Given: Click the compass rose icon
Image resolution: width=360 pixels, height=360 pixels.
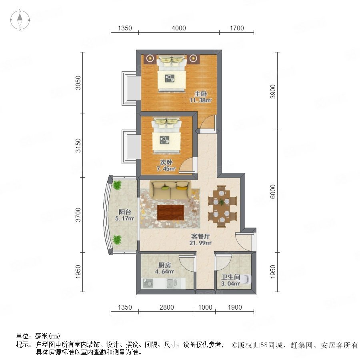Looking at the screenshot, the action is click(20, 20).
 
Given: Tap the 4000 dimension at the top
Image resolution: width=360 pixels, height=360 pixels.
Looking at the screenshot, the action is click(179, 28).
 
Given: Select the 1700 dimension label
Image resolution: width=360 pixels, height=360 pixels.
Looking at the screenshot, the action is click(237, 28).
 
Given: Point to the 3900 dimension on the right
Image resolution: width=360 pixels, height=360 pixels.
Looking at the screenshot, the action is click(273, 92).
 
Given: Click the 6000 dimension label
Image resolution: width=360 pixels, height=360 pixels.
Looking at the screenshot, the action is click(273, 192).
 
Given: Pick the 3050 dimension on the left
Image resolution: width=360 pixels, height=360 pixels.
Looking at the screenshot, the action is click(78, 83).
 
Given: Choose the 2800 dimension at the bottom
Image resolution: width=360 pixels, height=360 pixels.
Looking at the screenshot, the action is click(167, 307).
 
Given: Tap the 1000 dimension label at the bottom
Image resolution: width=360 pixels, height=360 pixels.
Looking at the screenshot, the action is click(205, 307).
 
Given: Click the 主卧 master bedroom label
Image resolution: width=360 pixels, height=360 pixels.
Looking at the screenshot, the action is click(201, 94).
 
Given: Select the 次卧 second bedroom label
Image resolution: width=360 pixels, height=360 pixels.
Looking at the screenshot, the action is click(166, 162).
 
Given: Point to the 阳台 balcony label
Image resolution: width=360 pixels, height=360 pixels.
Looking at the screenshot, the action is click(125, 212).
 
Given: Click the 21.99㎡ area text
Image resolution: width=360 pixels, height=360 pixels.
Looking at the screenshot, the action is click(200, 243).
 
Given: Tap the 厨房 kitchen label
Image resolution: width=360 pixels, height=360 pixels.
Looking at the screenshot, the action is click(165, 265).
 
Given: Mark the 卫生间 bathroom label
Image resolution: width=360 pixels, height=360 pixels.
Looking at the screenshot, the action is click(231, 277).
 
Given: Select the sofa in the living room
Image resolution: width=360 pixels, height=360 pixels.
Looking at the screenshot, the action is click(170, 190).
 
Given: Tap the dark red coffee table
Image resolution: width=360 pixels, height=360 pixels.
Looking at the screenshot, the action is click(171, 212).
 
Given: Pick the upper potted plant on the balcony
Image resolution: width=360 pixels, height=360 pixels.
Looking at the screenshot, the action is click(117, 185).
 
